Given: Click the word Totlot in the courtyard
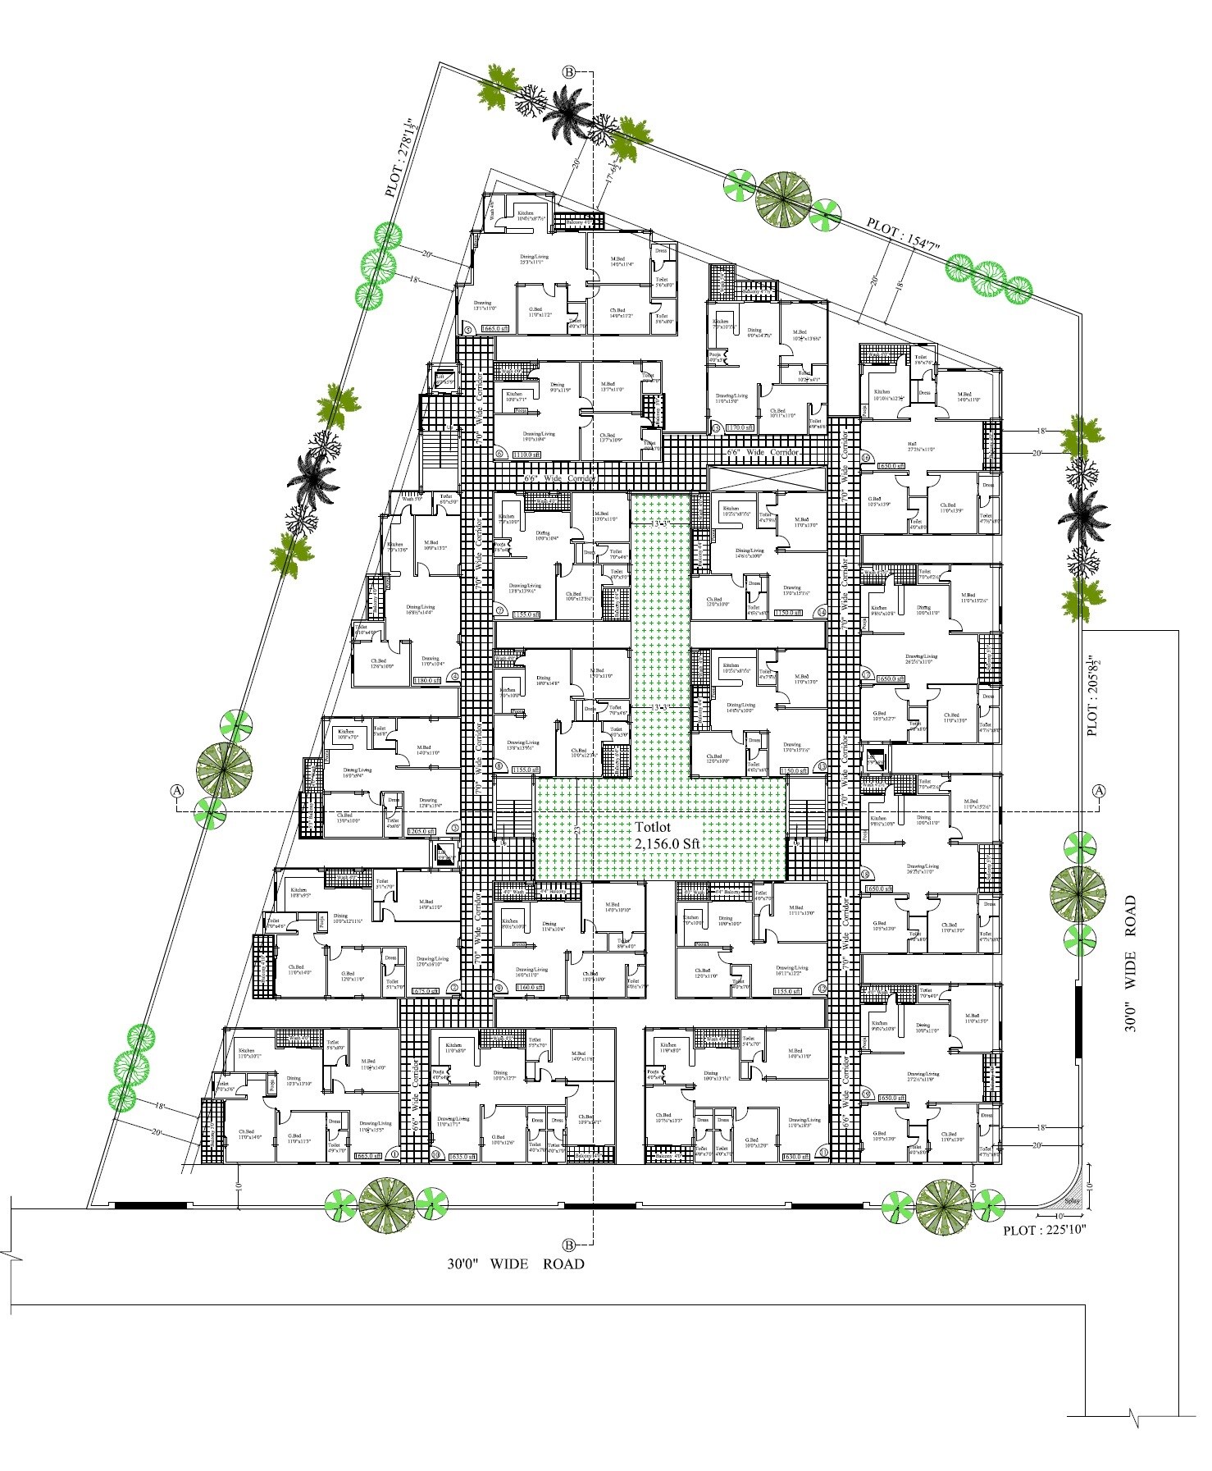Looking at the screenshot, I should [x=652, y=828].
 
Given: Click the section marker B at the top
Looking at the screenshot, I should [x=569, y=72].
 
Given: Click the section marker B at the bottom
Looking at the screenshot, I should [x=569, y=1244].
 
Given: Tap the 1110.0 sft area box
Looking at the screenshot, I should [x=526, y=455].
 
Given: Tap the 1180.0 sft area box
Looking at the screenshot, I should [x=426, y=680].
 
